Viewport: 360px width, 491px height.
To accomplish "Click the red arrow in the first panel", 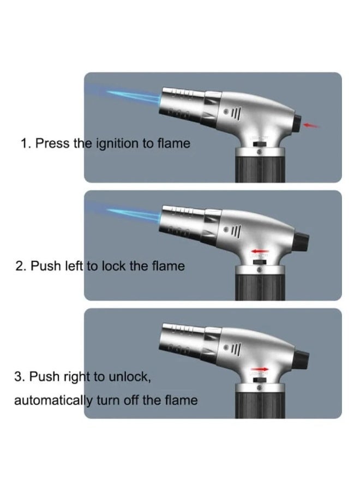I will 311,126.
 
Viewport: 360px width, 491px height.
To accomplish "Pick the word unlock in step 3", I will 125,376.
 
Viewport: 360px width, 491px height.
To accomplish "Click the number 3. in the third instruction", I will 21,376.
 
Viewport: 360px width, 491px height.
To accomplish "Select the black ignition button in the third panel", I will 302,359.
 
